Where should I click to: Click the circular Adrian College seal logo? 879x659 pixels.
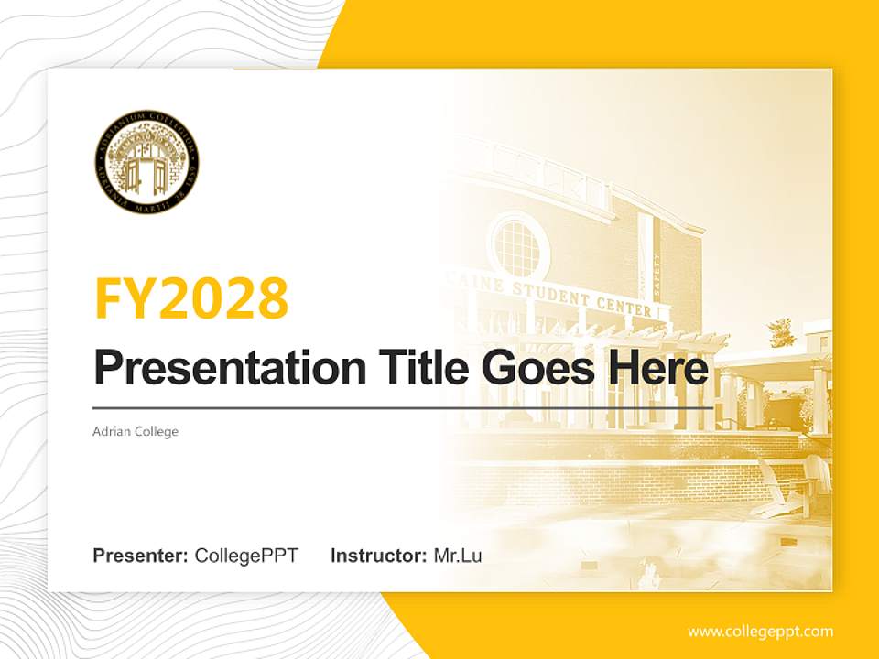click(x=146, y=162)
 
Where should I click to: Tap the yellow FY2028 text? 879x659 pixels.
click(x=191, y=297)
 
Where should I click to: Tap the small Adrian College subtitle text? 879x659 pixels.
click(x=136, y=431)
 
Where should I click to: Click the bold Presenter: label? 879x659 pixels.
click(x=141, y=555)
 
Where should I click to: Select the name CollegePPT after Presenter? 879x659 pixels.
click(x=246, y=555)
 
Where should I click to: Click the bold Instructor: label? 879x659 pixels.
click(x=378, y=555)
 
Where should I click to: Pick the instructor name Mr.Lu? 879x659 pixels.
click(x=458, y=555)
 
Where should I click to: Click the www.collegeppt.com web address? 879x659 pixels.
click(x=760, y=631)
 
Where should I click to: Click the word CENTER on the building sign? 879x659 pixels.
click(x=628, y=308)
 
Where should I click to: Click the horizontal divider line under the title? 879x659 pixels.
click(x=403, y=407)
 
